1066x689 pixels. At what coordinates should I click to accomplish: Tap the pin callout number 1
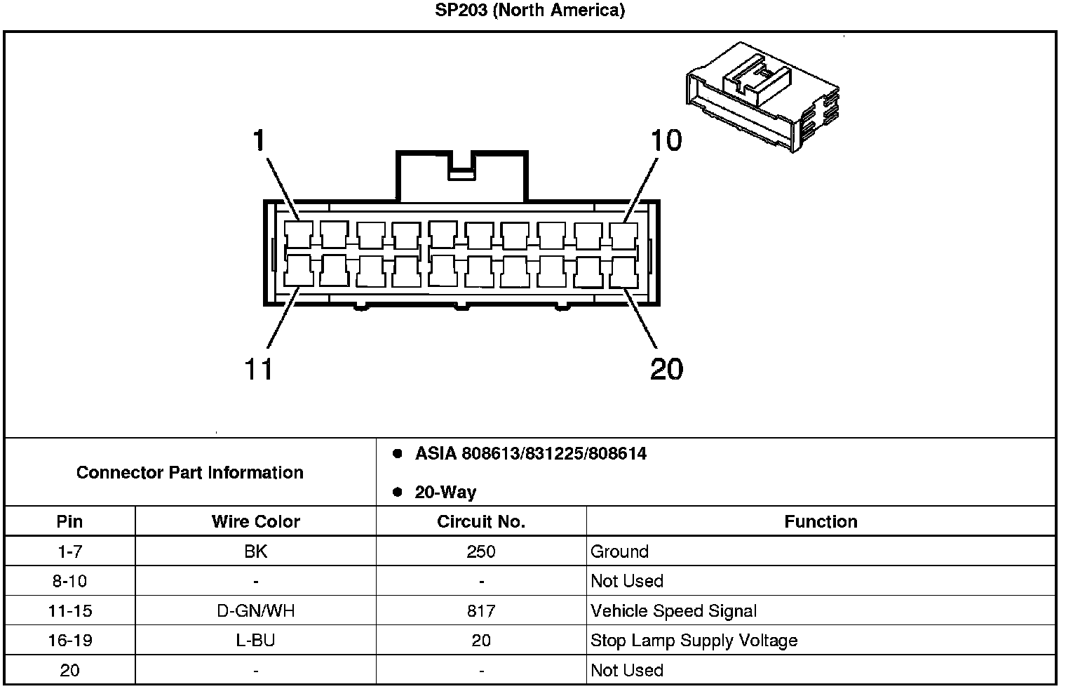[259, 140]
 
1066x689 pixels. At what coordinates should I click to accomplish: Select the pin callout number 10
[666, 140]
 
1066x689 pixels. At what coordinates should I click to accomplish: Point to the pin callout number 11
[258, 368]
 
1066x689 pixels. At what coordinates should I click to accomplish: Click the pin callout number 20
[666, 368]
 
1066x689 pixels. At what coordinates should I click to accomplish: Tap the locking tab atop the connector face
[462, 175]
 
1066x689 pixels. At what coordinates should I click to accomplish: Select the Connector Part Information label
[189, 472]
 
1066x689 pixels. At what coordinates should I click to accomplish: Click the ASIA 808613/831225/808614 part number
[530, 454]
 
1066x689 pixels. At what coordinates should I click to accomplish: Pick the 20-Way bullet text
[445, 493]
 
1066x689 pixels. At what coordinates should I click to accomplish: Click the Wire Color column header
[255, 521]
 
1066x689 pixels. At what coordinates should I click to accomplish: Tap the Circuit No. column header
[480, 521]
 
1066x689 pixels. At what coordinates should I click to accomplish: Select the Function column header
[821, 521]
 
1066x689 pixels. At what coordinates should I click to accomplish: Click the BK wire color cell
[255, 551]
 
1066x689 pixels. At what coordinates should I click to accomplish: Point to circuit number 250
[480, 551]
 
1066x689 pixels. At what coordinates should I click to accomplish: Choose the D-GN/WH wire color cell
[255, 611]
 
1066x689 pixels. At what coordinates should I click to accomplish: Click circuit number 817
[480, 611]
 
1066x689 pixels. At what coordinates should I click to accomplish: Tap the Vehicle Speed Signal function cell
[673, 611]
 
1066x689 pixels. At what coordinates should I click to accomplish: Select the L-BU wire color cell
[255, 641]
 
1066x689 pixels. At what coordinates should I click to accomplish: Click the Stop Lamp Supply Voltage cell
[694, 641]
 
